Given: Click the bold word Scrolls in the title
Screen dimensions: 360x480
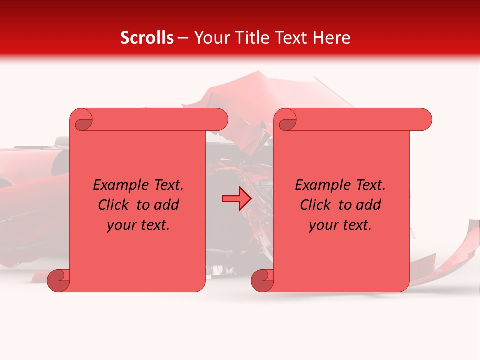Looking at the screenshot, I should coord(147,38).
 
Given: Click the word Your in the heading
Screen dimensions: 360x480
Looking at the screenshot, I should coord(209,38).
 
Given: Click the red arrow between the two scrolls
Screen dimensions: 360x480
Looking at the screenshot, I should coord(237,199).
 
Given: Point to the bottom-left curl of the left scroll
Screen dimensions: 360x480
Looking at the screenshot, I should coord(58,280).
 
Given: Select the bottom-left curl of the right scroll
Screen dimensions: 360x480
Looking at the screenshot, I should coord(262,280).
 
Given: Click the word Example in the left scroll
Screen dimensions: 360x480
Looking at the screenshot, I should coord(116,185).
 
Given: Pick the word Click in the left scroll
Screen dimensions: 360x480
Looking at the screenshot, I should coord(114,205).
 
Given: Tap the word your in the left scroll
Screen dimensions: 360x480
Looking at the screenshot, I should coord(121,225).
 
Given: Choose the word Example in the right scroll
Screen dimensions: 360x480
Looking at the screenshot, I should coord(318,185).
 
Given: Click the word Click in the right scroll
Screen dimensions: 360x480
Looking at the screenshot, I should coord(316,205).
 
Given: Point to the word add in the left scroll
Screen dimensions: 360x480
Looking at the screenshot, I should coord(167,205).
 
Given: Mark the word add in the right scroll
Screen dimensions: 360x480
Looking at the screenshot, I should coord(369,205).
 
